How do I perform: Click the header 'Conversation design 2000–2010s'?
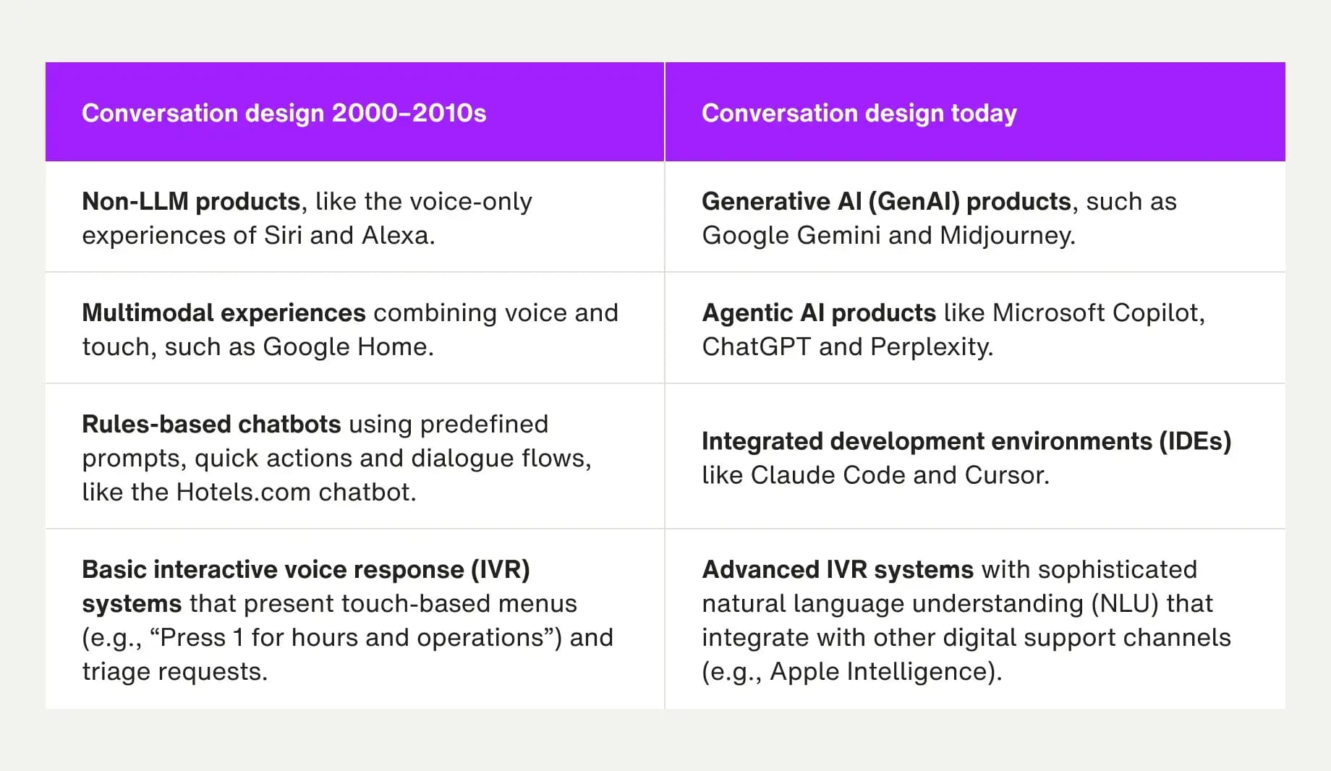click(284, 114)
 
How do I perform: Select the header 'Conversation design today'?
click(859, 114)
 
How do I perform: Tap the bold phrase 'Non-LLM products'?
click(190, 202)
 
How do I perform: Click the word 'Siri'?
click(283, 236)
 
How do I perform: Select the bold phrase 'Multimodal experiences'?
click(224, 313)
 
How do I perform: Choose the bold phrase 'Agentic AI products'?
click(819, 313)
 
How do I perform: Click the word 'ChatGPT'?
click(756, 347)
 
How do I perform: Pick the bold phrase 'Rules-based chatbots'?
click(211, 425)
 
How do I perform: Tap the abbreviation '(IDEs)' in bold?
click(1195, 441)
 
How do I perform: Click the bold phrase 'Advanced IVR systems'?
click(838, 570)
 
